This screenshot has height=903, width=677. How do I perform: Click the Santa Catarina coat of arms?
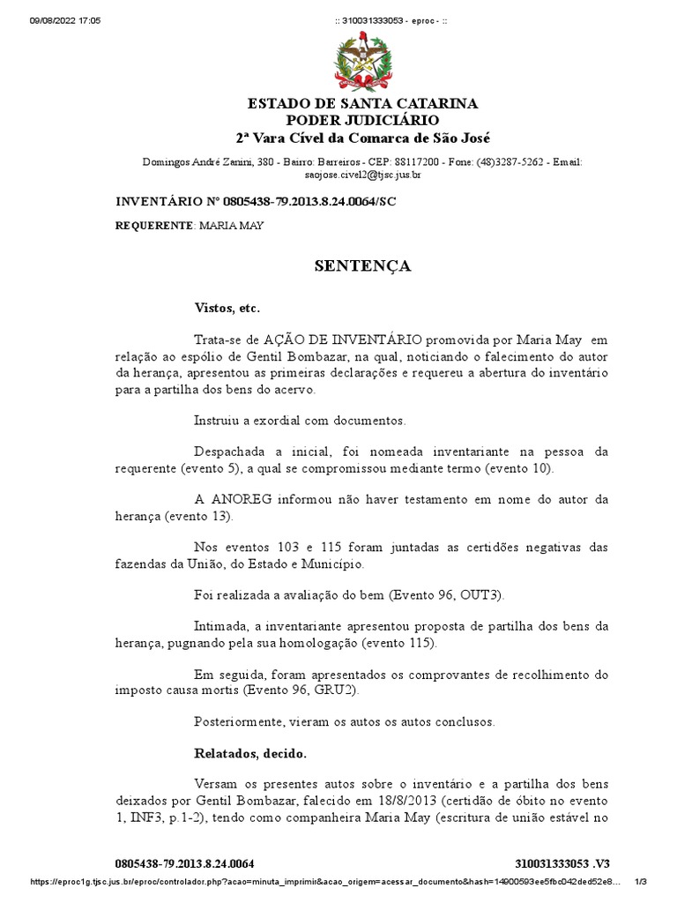362,61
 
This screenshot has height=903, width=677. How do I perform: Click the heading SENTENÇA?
363,265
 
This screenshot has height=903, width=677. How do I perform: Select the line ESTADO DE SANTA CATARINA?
362,104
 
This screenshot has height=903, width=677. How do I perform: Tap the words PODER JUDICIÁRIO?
362,121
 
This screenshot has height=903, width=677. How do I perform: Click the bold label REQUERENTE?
154,226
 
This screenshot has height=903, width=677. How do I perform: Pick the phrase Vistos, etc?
227,308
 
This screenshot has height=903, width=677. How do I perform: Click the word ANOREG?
245,498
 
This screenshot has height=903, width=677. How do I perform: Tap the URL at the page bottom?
326,882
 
